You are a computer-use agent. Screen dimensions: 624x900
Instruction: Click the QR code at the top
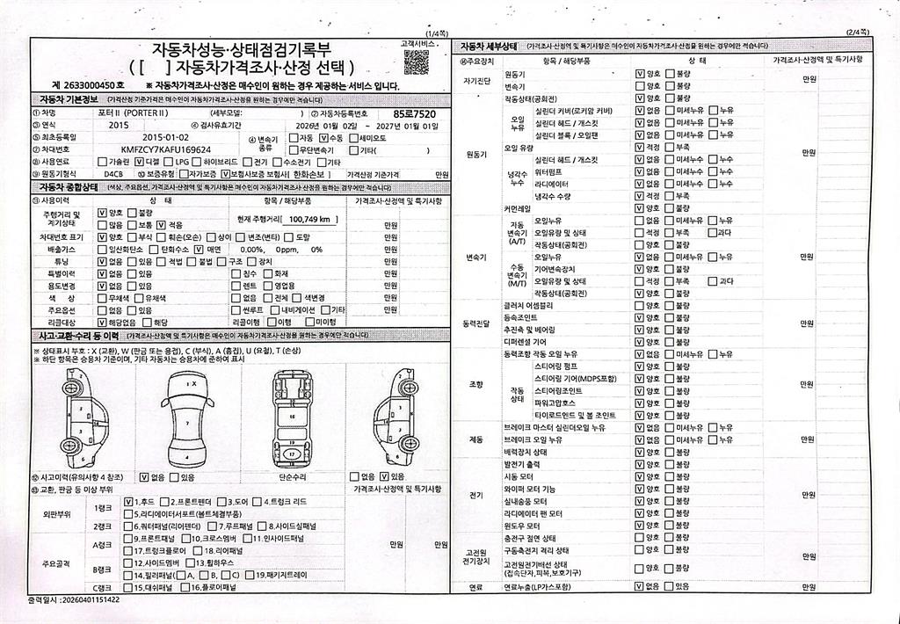416,62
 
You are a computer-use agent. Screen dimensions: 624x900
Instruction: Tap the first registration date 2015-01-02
165,137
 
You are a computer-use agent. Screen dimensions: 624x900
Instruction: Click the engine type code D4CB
113,175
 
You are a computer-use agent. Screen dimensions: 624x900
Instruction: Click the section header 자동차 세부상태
487,46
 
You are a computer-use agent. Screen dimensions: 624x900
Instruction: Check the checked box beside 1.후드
128,502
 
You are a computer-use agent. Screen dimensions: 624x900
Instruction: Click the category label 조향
475,384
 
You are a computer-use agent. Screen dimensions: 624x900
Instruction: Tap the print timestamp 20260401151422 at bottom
92,599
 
